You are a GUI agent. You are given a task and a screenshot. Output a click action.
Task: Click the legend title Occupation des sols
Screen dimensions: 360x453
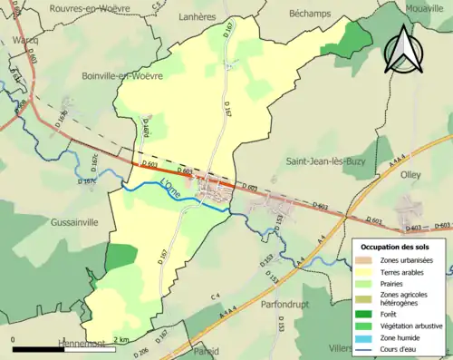tap(395, 247)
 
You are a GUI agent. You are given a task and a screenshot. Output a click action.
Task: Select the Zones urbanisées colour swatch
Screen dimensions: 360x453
tap(367, 261)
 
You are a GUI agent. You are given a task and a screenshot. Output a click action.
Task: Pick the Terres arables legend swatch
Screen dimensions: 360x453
tap(367, 274)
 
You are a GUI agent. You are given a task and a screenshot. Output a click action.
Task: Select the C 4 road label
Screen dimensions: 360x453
tap(217, 297)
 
